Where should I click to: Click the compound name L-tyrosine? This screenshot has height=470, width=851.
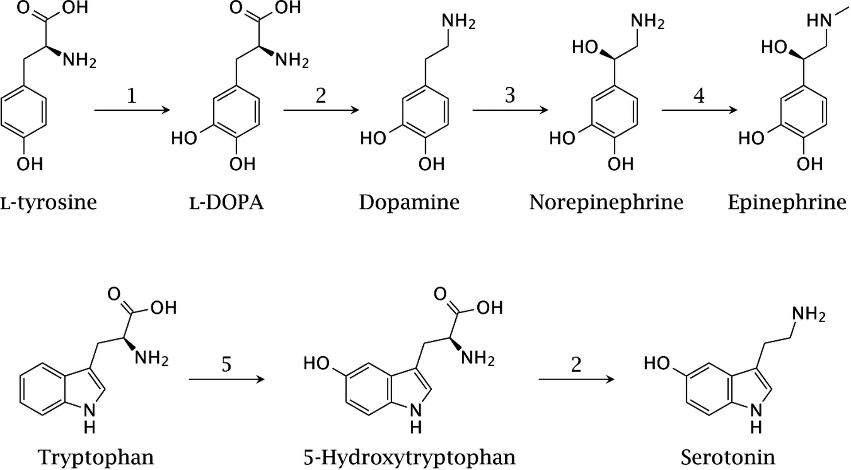[x=48, y=202]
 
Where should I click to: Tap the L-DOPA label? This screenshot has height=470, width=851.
[x=226, y=202]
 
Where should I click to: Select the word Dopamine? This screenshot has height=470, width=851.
[x=409, y=202]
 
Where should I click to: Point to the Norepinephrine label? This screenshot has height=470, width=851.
[x=606, y=202]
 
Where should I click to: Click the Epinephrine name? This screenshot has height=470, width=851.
[x=787, y=202]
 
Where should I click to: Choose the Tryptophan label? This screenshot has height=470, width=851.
[x=96, y=457]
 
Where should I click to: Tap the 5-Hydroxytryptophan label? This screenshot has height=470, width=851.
[x=410, y=457]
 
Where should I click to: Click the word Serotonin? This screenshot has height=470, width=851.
[x=728, y=457]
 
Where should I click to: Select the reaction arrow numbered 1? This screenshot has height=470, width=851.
[x=132, y=110]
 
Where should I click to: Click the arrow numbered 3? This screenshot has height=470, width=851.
[x=510, y=110]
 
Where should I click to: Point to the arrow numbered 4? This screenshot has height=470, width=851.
[x=699, y=110]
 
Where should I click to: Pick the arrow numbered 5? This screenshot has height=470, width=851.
[x=226, y=379]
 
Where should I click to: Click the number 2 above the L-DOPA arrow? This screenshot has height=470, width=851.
[x=321, y=95]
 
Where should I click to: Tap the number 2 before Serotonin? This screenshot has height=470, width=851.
[x=576, y=365]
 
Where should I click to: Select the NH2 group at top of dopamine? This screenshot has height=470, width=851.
[x=458, y=21]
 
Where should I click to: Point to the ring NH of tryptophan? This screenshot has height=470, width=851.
[x=90, y=419]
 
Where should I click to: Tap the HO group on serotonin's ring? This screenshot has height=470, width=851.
[x=657, y=363]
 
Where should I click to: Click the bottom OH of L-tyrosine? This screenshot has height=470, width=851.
[x=30, y=164]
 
